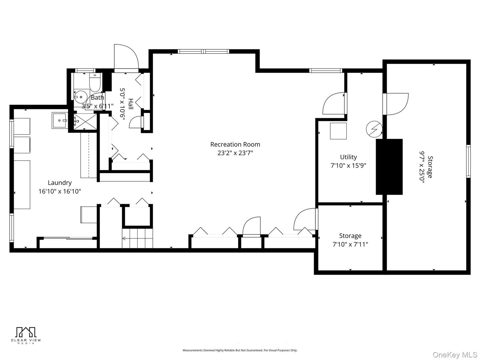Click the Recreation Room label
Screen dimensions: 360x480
[235, 144]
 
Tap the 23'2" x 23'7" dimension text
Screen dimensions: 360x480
[235, 153]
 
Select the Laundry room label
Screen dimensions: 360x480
[60, 183]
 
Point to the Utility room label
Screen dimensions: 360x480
[348, 157]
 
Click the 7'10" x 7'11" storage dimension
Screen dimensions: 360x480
[350, 244]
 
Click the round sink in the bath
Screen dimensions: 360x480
[79, 97]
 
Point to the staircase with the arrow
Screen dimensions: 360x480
[137, 238]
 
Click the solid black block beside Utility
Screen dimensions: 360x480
[389, 167]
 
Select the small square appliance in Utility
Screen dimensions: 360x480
[338, 131]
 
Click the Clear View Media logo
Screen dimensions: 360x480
[26, 335]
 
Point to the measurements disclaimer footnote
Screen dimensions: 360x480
[240, 350]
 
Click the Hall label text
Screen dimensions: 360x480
[131, 104]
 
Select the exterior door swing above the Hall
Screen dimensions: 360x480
[126, 57]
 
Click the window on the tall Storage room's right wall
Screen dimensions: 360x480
[468, 161]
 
